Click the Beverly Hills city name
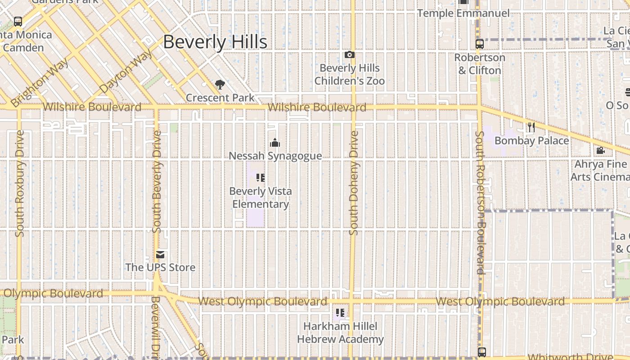tap(215, 42)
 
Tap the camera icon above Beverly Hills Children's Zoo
tap(350, 55)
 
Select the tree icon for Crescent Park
tap(220, 85)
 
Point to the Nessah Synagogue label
tap(275, 156)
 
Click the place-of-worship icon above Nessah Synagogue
tap(275, 143)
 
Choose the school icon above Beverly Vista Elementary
tap(260, 178)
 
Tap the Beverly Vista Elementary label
tap(261, 198)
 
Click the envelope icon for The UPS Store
tap(160, 255)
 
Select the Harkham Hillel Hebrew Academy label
tap(340, 333)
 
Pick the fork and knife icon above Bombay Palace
tap(531, 127)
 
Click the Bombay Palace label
tap(531, 141)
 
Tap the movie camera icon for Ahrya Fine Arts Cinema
tap(600, 150)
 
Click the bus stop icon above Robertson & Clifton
tap(480, 44)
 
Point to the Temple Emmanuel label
tap(463, 13)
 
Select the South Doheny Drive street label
tap(354, 183)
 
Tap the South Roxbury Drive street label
tap(20, 183)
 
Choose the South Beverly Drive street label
tap(157, 182)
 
